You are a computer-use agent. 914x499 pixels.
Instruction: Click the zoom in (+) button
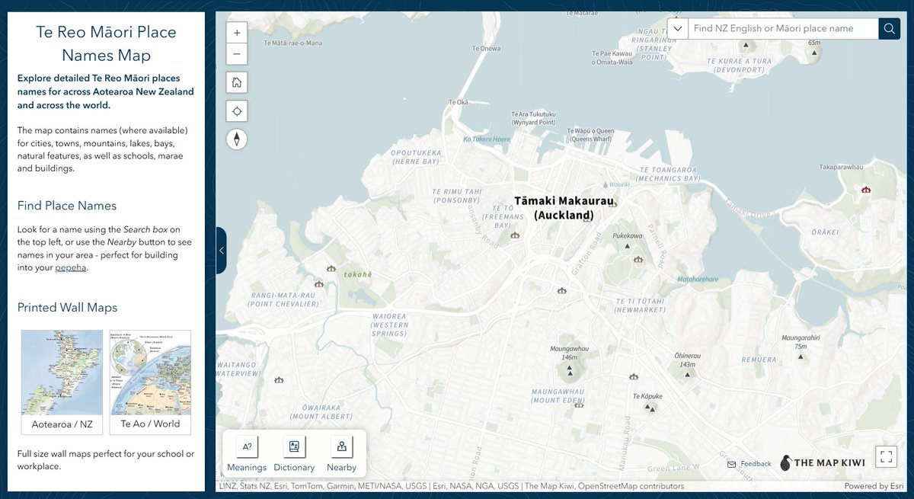pos(237,34)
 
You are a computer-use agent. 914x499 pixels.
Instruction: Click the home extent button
pos(237,82)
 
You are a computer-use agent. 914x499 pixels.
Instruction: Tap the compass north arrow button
pos(237,139)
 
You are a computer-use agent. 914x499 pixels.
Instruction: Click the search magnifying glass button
pos(889,29)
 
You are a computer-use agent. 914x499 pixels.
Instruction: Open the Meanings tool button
pos(247,455)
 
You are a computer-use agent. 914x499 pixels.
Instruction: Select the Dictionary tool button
pos(294,455)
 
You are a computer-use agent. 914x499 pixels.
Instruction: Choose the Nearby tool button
pos(342,455)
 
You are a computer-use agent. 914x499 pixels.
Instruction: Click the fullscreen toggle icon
pos(886,456)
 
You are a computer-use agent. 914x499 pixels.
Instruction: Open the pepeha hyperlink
pos(71,268)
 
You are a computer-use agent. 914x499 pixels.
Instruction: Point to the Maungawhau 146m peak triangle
pos(570,370)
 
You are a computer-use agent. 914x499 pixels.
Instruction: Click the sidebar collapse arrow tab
pos(221,250)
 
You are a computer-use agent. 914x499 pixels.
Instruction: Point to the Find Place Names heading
pos(67,206)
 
